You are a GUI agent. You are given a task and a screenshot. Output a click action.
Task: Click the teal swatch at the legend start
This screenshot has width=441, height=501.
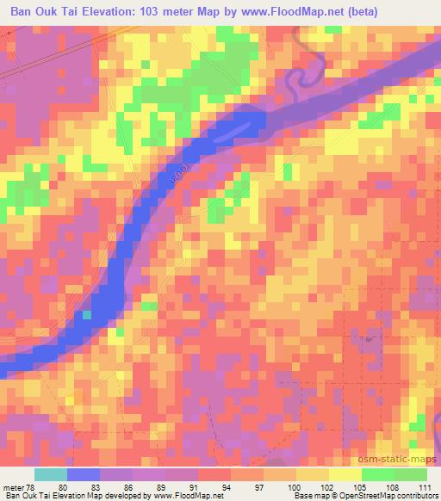(x=50, y=474)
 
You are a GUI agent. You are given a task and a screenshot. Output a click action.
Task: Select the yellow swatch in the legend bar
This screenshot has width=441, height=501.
(x=345, y=474)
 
